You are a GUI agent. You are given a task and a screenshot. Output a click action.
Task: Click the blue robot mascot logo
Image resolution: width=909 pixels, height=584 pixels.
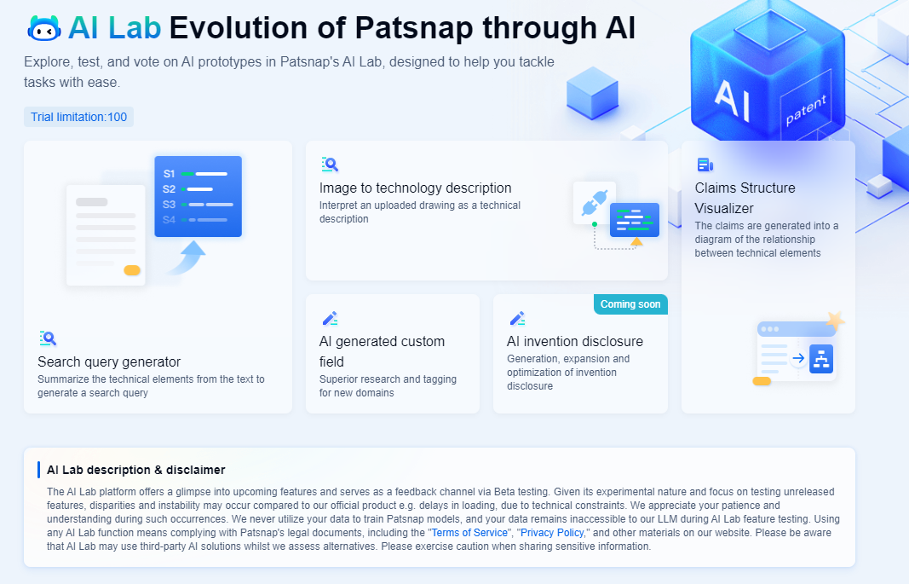click(x=44, y=29)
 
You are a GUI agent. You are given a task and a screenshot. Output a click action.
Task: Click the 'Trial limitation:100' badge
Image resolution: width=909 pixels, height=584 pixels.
click(x=78, y=117)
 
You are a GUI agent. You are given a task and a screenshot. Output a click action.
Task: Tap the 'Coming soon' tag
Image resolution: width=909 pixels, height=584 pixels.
click(x=630, y=304)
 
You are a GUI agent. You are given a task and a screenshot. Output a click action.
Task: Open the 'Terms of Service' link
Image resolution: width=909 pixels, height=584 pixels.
click(x=469, y=533)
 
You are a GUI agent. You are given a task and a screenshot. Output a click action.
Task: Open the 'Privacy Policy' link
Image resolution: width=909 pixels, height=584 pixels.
click(x=552, y=533)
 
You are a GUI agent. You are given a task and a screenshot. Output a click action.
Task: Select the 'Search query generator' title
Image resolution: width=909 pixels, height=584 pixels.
click(x=109, y=361)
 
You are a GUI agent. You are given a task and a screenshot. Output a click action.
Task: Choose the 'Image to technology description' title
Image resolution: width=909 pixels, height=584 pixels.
click(x=416, y=188)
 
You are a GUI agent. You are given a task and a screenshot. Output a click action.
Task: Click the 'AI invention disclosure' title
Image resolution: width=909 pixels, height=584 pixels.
click(x=575, y=341)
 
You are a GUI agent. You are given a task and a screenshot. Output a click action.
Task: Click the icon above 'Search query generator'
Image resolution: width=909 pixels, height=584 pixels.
click(x=48, y=338)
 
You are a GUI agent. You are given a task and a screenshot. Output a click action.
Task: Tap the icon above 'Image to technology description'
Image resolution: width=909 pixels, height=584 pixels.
click(x=330, y=165)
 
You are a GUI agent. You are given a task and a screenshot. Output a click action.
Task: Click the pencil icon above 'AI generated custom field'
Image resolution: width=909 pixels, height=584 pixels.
click(x=330, y=319)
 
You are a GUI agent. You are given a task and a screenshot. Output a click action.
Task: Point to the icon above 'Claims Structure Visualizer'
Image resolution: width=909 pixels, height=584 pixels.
click(x=705, y=165)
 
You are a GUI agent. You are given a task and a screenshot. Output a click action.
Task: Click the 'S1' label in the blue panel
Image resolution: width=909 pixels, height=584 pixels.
click(x=170, y=174)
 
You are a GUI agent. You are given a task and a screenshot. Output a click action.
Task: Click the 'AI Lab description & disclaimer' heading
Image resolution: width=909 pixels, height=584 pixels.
click(x=136, y=470)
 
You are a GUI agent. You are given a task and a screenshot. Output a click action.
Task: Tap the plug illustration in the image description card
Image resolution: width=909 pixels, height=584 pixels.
click(x=593, y=203)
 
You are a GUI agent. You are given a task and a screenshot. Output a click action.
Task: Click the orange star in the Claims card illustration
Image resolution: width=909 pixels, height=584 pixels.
click(x=835, y=321)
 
